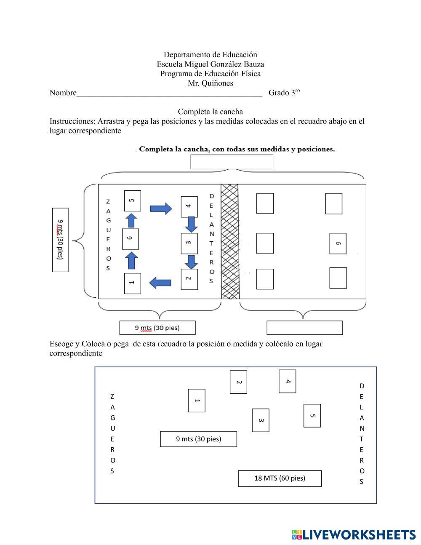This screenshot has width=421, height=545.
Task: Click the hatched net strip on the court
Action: click(230, 241)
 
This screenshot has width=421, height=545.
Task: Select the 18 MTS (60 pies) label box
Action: click(280, 478)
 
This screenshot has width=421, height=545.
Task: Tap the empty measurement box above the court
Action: click(232, 162)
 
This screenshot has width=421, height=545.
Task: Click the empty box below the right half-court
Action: click(304, 328)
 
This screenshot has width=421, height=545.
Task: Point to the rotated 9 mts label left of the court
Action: click(60, 239)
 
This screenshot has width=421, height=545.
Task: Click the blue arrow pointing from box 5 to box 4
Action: click(161, 208)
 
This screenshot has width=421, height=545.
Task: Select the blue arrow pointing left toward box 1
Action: click(160, 283)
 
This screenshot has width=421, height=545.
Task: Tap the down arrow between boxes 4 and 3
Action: click(191, 224)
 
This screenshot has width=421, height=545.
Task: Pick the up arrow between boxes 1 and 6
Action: click(131, 260)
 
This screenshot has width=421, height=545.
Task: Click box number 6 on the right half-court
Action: click(338, 243)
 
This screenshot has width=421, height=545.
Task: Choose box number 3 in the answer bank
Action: click(261, 420)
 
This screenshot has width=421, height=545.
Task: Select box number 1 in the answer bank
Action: click(197, 401)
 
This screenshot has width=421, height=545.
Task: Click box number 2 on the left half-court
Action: click(189, 279)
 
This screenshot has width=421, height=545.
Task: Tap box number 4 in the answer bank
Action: click(288, 381)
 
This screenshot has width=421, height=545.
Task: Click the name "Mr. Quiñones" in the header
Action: click(210, 83)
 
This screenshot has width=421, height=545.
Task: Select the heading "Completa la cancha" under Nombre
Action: click(210, 112)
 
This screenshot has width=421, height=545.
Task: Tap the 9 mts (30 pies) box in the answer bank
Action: click(198, 439)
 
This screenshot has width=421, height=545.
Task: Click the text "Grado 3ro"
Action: click(284, 93)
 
